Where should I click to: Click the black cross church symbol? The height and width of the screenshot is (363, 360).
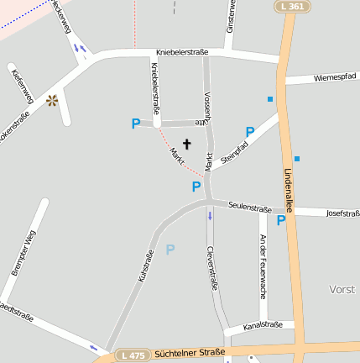point(186,144)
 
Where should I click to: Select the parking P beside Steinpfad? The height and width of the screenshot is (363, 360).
point(249,132)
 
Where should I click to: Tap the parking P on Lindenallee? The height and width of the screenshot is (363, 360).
point(281,220)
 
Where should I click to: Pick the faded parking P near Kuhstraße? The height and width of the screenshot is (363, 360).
point(170,250)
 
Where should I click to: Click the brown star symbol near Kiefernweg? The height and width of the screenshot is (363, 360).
point(52,101)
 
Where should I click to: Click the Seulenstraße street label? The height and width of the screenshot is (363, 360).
point(250,208)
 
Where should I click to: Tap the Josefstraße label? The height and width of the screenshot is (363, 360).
point(342,213)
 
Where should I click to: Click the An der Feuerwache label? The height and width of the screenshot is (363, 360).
point(263,267)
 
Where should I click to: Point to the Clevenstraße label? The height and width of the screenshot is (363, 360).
point(212,268)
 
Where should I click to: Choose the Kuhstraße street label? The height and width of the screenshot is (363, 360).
point(145,266)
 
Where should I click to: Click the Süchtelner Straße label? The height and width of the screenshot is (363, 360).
point(190,354)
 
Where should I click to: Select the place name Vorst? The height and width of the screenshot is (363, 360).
point(342,289)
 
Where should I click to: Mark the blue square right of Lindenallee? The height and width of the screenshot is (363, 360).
point(297,158)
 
